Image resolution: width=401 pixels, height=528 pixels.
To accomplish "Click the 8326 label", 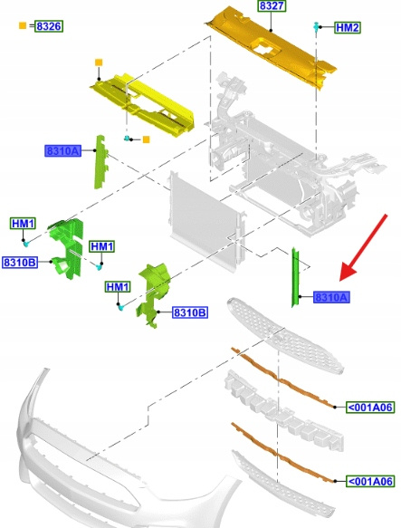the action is pos(49,26).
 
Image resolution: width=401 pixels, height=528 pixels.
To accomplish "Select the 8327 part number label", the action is pos(272,5).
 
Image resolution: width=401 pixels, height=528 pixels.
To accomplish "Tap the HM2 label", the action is pos(348,27).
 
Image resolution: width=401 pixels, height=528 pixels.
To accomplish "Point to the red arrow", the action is pos(364,247).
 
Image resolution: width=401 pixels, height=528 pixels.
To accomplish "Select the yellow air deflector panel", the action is pos(143,105).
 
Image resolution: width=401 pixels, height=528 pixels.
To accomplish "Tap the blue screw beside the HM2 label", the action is pos(316,26).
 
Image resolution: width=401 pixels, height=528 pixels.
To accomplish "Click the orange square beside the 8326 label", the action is pos(23,25).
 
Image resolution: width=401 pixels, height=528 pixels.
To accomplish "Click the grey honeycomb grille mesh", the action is pos(284,334).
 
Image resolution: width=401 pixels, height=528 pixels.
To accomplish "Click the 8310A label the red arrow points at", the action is pos(331,297).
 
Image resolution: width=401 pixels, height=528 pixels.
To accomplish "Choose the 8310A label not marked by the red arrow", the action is pos(63,150).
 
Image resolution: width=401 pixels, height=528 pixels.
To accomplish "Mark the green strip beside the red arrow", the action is pos(295,277).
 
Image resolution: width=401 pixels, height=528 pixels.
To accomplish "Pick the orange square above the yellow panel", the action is pos(99,62).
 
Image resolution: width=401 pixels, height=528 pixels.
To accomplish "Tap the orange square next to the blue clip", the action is pos(146,139).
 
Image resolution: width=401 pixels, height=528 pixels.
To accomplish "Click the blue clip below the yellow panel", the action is pos(127,138).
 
